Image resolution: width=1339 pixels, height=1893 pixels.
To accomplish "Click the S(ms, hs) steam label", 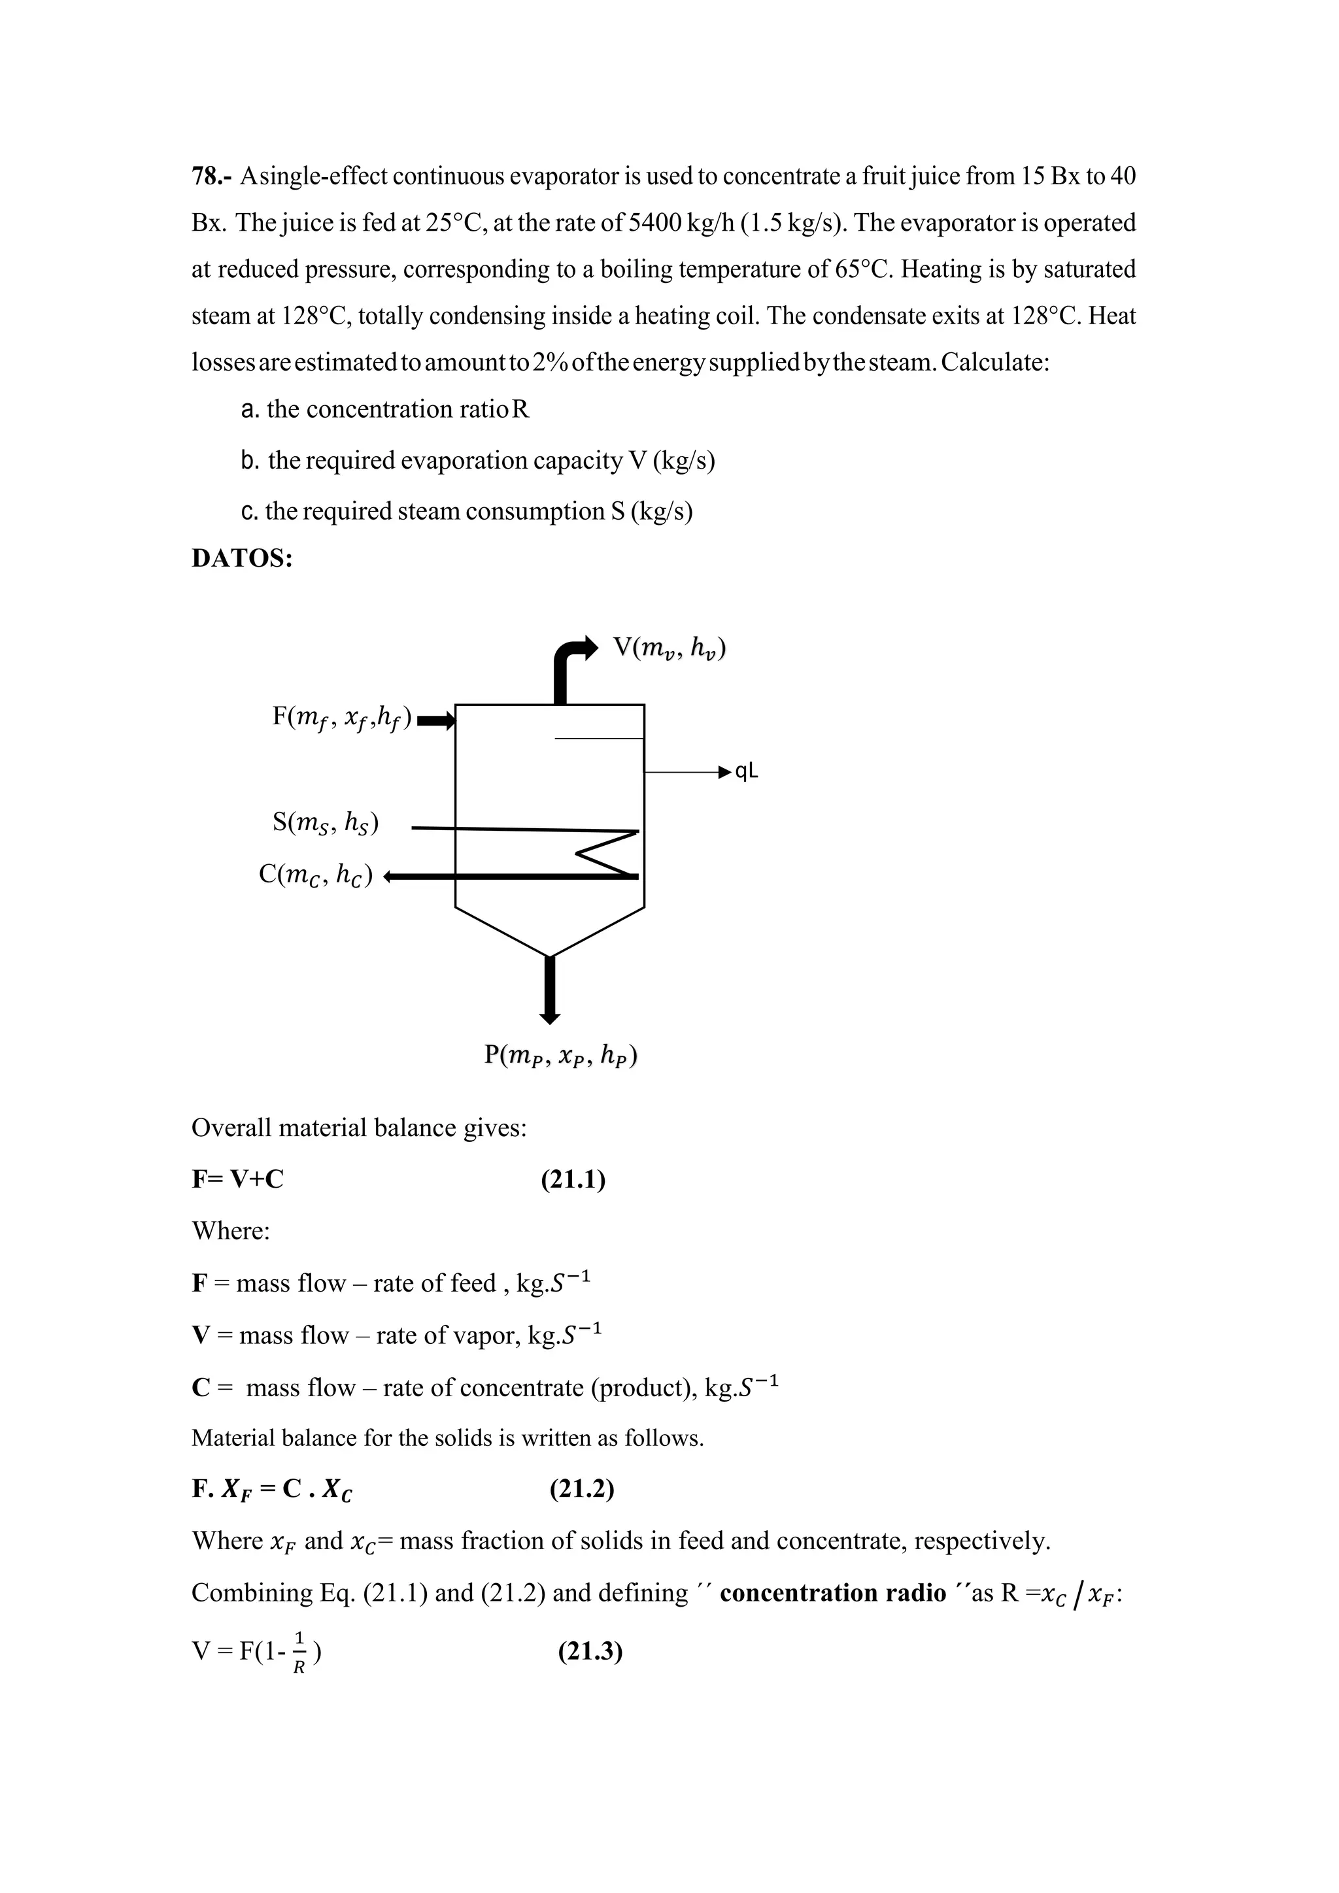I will point(325,822).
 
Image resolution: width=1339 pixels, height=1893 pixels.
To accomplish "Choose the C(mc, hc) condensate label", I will point(316,874).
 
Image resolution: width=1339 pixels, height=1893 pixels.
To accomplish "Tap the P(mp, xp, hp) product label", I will point(561,1054).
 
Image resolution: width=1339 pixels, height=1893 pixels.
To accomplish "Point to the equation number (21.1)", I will point(573,1180).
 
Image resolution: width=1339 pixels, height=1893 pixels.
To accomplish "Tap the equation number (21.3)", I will point(590,1651).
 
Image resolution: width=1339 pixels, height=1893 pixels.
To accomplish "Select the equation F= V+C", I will point(237,1180).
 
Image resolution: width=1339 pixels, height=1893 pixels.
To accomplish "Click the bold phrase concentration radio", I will point(833,1593).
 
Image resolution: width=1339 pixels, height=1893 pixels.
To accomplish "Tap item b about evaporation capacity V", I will point(478,460).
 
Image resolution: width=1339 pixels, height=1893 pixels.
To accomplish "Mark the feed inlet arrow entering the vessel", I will point(437,723).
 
